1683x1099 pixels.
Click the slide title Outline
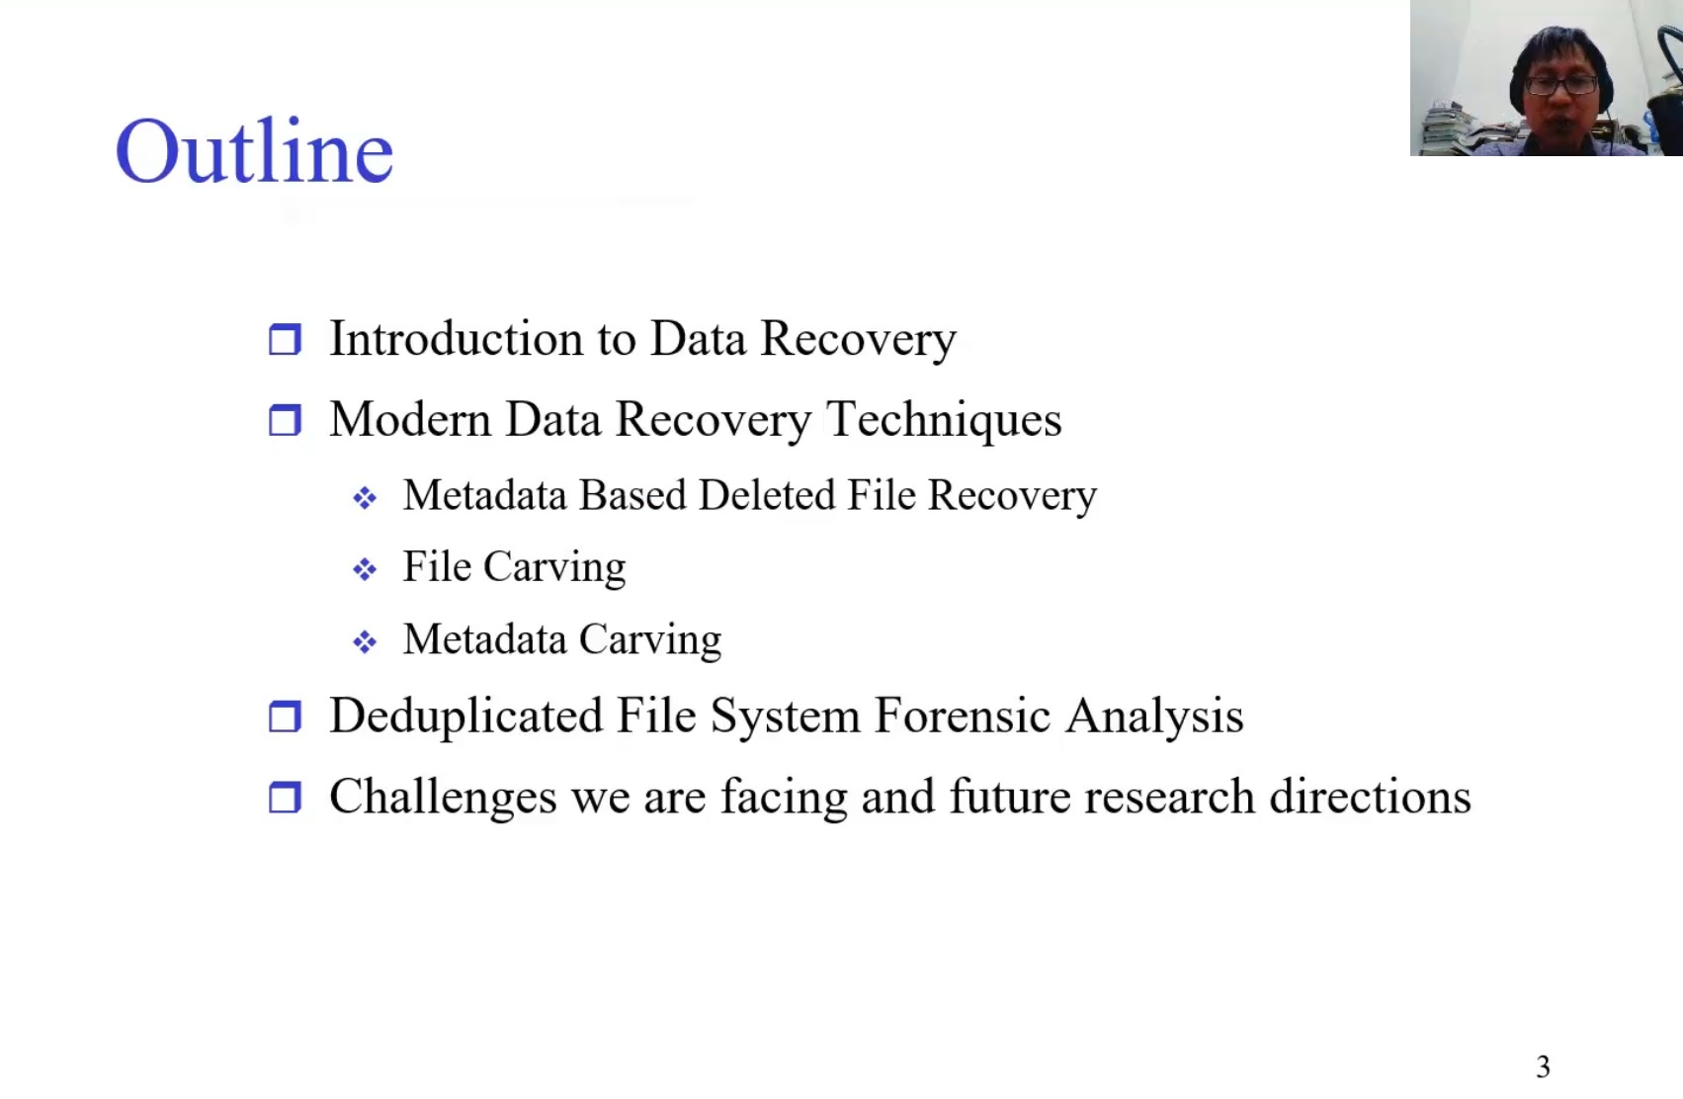click(254, 150)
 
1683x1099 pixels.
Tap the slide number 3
click(1543, 1066)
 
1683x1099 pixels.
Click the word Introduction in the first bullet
click(456, 338)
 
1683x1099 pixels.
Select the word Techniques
click(944, 419)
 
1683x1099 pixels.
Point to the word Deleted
click(766, 495)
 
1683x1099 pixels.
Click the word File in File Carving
click(437, 566)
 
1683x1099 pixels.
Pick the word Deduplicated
click(465, 716)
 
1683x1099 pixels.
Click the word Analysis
click(1155, 716)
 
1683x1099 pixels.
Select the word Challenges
click(444, 797)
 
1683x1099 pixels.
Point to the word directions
click(1370, 797)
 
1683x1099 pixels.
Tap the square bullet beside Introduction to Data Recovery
click(285, 339)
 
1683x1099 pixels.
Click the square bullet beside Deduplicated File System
click(285, 716)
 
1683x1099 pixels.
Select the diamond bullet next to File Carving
click(365, 569)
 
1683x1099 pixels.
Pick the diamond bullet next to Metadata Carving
click(365, 641)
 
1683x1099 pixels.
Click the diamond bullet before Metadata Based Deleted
click(365, 497)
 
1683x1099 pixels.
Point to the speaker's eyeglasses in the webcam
click(1562, 85)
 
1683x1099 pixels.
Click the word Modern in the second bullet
click(410, 419)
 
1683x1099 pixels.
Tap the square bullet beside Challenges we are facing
click(285, 797)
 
